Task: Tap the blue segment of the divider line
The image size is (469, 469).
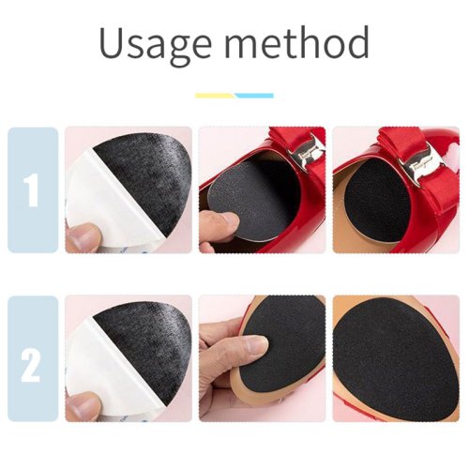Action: (x=255, y=96)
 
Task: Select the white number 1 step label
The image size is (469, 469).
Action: (x=32, y=189)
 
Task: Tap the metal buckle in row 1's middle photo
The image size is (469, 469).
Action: (x=306, y=154)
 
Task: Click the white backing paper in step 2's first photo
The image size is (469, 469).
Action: (x=110, y=372)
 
